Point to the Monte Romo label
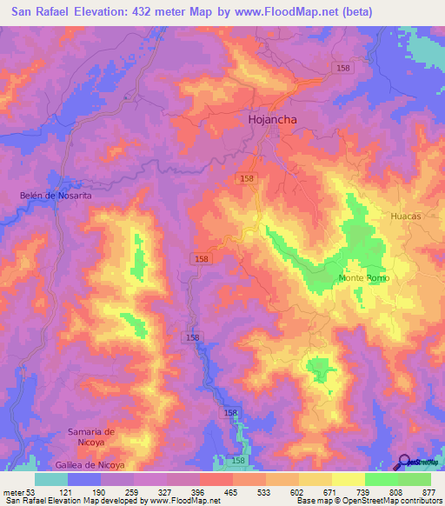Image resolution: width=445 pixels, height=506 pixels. (364, 278)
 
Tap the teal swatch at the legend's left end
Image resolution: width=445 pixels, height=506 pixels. (51, 479)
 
